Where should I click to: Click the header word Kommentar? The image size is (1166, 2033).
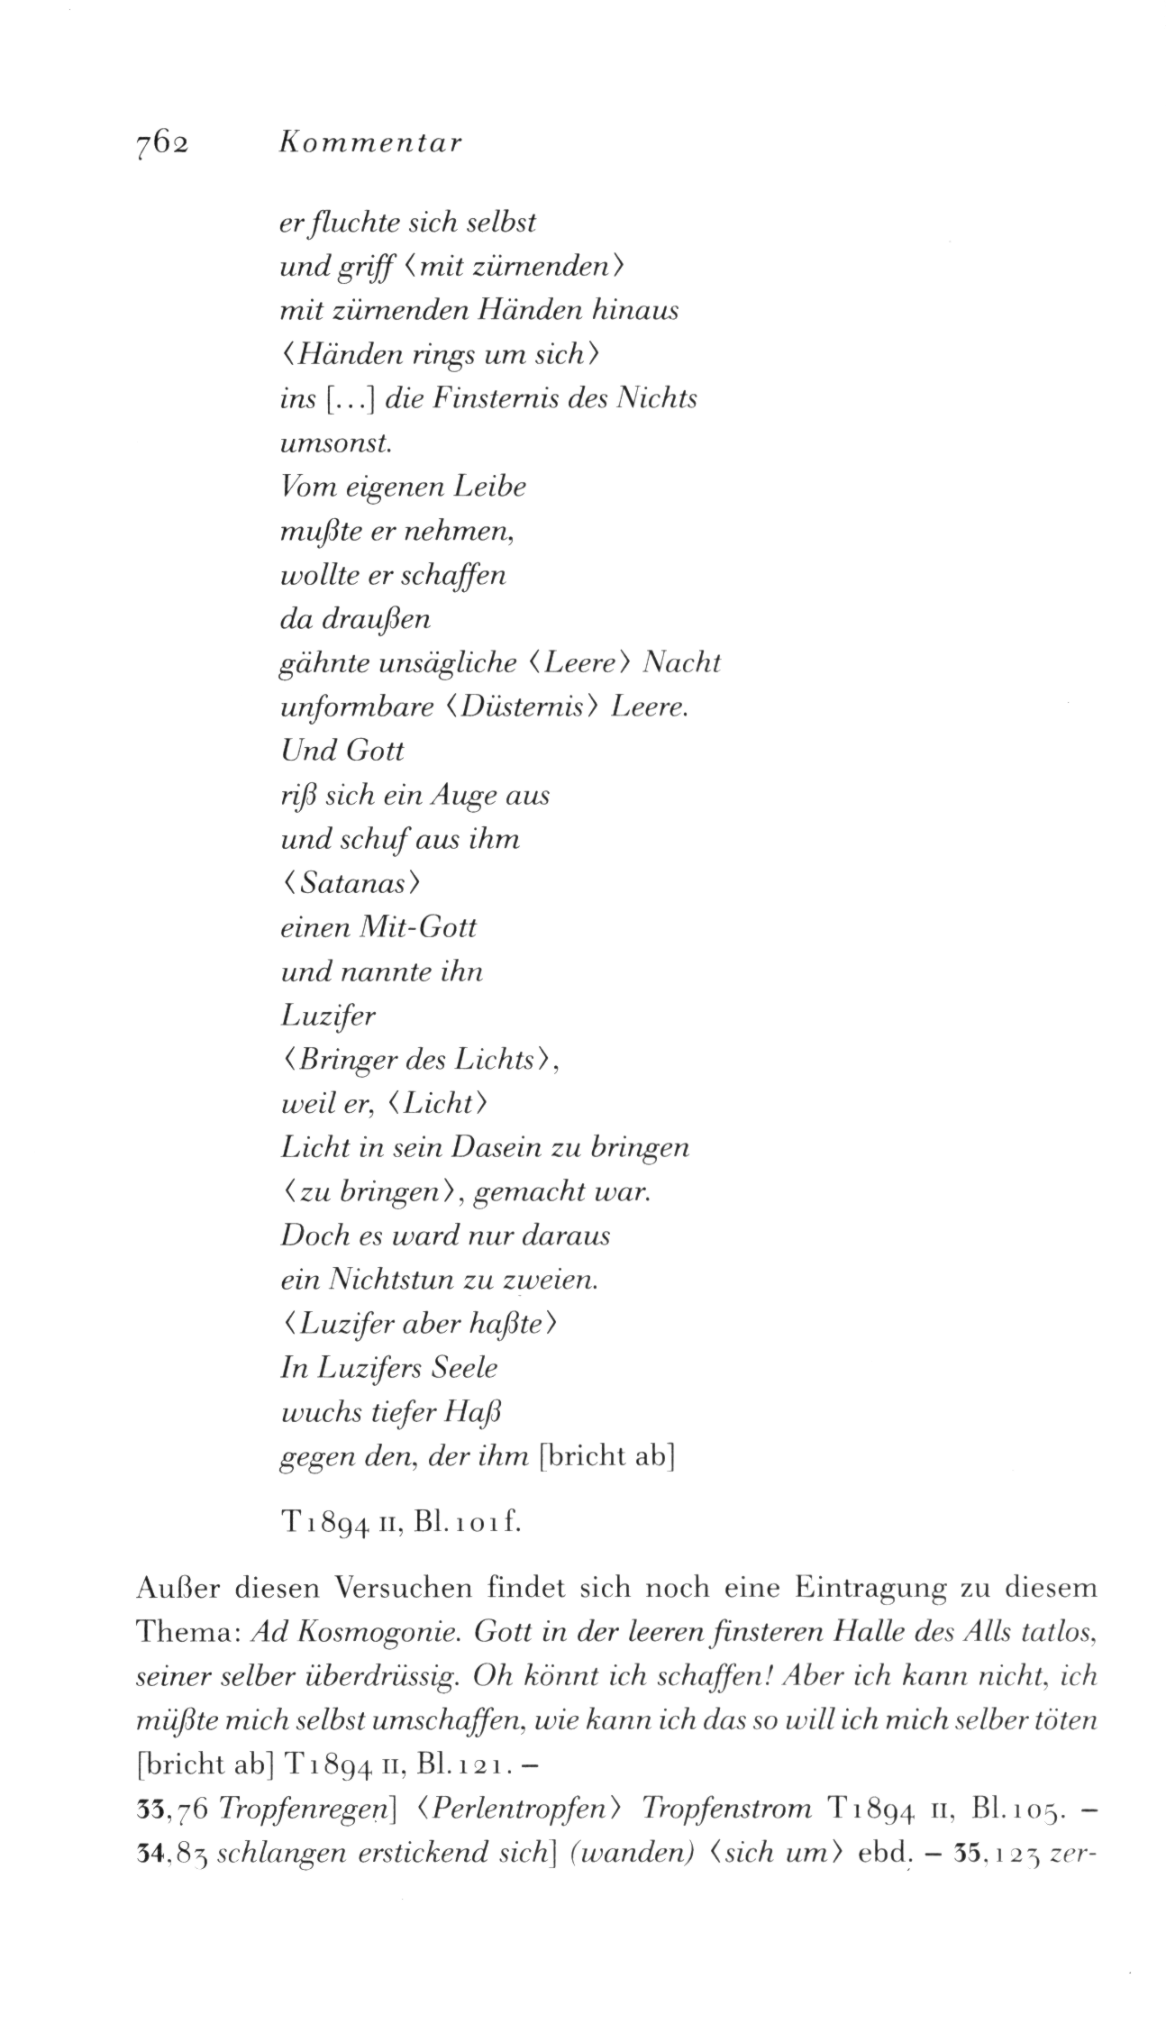coord(371,143)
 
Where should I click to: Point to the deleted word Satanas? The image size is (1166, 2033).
coord(352,884)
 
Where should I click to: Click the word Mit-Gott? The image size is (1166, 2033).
coord(417,927)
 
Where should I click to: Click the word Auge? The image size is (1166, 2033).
coord(462,796)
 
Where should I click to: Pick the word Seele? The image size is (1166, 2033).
coord(465,1369)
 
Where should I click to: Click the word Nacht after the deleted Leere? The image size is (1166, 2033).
coord(684,663)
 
